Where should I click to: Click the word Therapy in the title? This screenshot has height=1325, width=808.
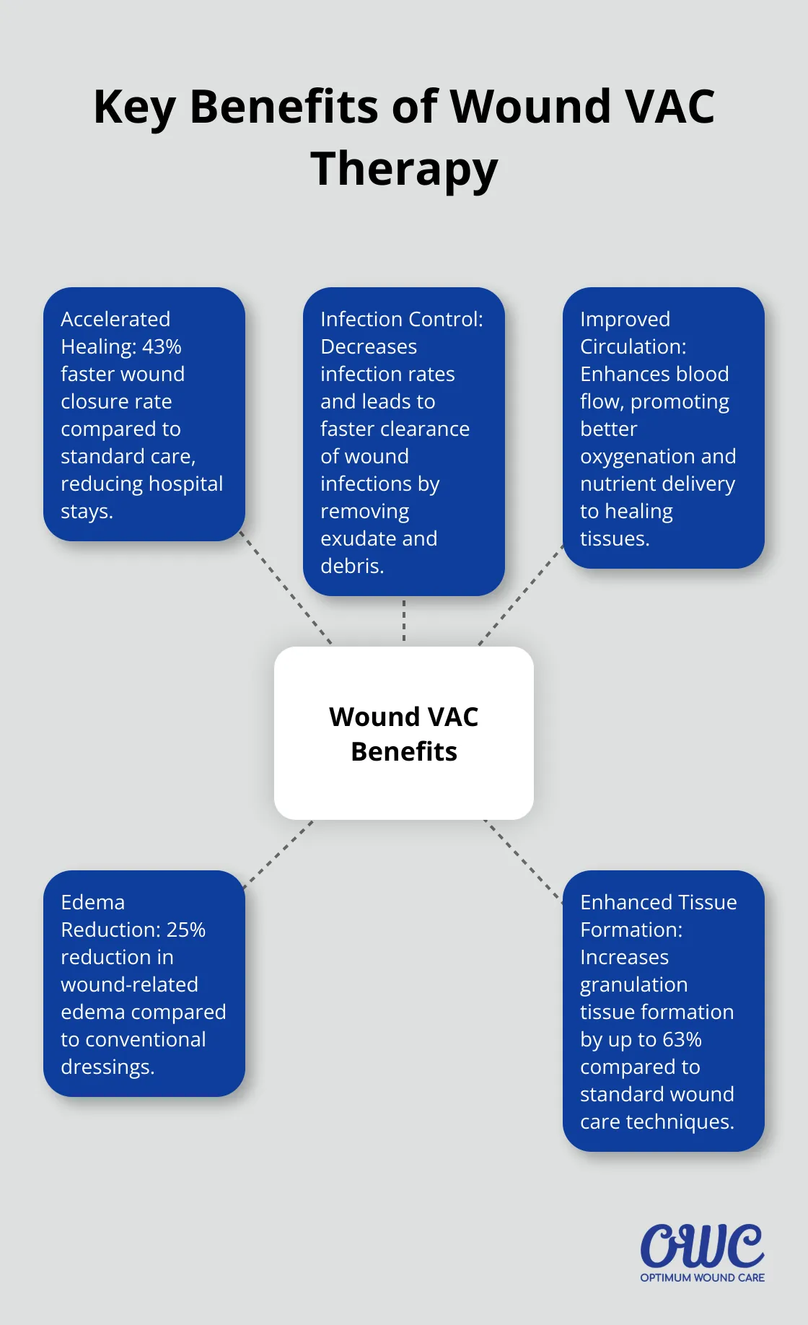coord(404,169)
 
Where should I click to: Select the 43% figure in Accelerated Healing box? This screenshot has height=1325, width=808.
coord(162,346)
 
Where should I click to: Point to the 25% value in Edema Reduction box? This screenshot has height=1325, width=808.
coord(186,930)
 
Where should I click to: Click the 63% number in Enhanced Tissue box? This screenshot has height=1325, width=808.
coord(682,1039)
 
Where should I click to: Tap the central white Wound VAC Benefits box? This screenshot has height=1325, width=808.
coord(404,733)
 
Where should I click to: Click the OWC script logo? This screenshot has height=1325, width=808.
coord(701,1246)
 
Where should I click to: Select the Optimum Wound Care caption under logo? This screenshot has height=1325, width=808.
coord(702,1277)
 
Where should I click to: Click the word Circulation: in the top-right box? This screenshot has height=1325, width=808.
coord(633,346)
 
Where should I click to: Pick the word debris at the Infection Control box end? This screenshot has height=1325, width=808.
coord(351,566)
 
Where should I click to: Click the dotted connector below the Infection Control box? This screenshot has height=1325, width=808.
coord(404,621)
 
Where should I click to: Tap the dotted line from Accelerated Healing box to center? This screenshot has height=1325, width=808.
coord(286,589)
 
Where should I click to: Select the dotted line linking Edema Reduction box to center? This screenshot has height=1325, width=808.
coord(278,853)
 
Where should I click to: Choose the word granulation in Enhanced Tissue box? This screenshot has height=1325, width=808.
coord(633,984)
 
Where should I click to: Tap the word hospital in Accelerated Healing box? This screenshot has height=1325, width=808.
coord(185,484)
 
